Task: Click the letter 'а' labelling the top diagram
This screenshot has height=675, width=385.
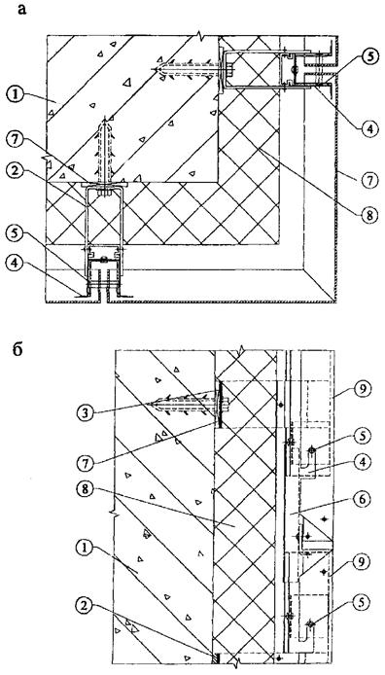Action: (22, 9)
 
